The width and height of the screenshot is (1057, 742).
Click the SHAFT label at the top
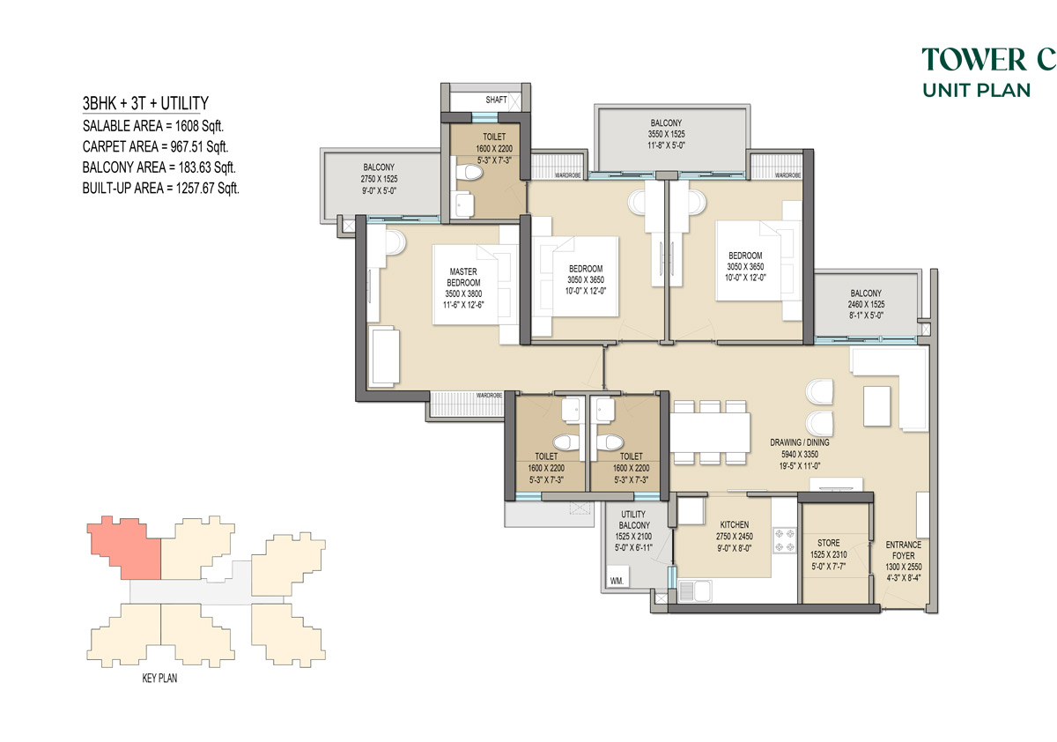click(496, 100)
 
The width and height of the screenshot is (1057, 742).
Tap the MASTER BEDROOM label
click(463, 277)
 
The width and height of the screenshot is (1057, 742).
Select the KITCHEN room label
click(735, 524)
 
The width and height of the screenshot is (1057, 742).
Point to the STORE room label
click(829, 543)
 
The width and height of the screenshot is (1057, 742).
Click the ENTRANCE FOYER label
click(903, 550)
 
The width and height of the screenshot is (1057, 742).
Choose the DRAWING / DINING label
click(800, 442)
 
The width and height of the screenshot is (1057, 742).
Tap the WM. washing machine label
click(617, 581)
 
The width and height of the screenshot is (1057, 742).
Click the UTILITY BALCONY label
click(633, 520)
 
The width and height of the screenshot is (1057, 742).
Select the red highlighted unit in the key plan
click(126, 547)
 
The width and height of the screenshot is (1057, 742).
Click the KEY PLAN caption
click(159, 679)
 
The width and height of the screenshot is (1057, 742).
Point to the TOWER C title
click(988, 59)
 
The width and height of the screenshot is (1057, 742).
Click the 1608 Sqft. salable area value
click(199, 126)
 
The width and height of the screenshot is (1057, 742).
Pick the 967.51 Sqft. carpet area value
click(199, 147)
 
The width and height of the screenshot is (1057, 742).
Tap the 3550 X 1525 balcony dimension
click(666, 134)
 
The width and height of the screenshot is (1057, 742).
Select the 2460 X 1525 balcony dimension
click(866, 304)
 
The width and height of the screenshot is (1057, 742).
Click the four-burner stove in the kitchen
click(784, 540)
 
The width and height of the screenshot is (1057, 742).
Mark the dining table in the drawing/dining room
click(710, 433)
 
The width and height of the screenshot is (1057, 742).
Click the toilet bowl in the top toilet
click(469, 172)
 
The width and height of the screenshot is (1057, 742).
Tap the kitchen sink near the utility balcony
click(696, 590)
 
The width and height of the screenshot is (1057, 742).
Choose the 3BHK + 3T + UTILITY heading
click(145, 103)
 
